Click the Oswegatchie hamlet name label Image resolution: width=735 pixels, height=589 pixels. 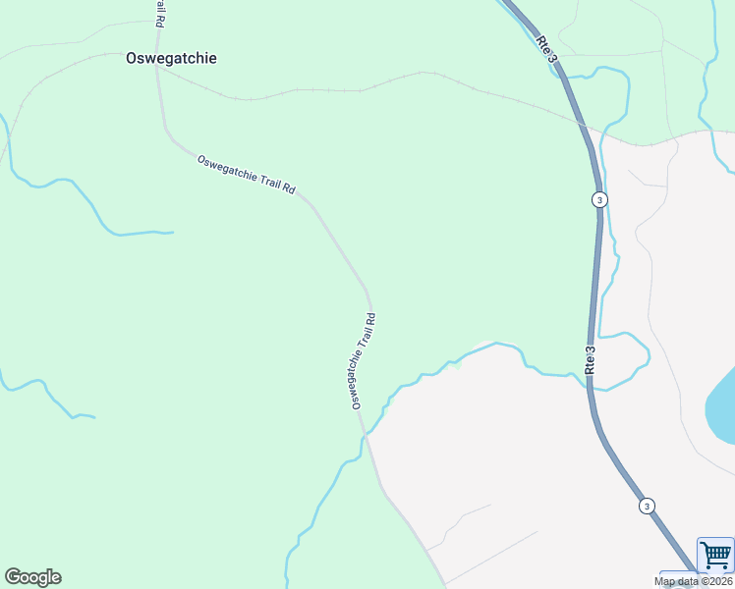[x=171, y=58]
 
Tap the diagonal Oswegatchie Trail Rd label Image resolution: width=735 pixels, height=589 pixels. [x=246, y=175]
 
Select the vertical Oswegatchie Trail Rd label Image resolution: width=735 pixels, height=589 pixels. [x=363, y=361]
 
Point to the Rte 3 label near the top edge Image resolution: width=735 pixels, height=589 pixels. [x=547, y=50]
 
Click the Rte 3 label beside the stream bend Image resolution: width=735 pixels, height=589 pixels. [x=591, y=359]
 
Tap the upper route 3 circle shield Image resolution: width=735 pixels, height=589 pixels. [x=599, y=199]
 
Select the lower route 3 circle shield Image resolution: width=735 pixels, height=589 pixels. [x=647, y=506]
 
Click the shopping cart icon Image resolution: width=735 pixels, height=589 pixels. [x=715, y=555]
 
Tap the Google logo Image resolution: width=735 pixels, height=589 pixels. [x=32, y=577]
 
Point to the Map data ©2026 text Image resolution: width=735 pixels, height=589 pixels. [x=694, y=581]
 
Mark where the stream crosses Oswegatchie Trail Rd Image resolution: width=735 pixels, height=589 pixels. [x=367, y=433]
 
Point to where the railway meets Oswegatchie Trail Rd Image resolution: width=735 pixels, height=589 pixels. [x=157, y=69]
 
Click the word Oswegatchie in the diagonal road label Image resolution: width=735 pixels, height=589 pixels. [x=227, y=169]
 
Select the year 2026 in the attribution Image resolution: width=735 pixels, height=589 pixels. [x=718, y=581]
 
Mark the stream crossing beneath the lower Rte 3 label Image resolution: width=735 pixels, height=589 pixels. [x=590, y=383]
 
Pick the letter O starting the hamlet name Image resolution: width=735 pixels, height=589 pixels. [x=132, y=58]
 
